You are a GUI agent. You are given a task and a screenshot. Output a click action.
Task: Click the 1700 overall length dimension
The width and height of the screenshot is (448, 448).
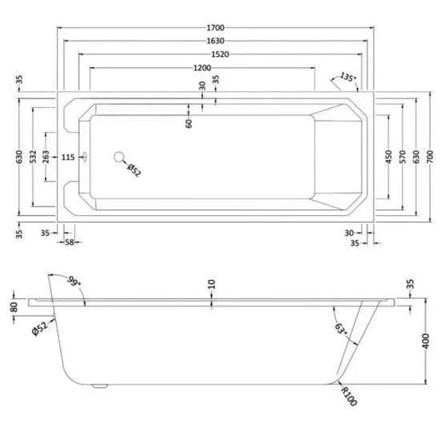[215, 28]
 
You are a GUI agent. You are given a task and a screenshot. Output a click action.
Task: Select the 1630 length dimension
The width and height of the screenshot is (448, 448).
[215, 41]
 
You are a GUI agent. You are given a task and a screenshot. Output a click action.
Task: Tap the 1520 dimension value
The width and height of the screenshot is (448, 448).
[220, 54]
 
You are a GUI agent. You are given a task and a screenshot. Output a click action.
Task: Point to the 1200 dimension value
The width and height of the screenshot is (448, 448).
[203, 68]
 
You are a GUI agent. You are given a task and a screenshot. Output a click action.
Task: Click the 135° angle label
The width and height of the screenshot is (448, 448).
[348, 77]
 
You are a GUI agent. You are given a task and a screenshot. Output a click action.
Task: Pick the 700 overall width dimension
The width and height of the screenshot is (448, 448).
[430, 157]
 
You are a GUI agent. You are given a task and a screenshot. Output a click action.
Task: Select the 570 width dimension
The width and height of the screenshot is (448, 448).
[402, 157]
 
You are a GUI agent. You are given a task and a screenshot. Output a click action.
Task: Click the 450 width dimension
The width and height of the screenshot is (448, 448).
[389, 157]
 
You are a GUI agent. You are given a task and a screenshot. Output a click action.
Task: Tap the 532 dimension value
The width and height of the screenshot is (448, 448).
[33, 157]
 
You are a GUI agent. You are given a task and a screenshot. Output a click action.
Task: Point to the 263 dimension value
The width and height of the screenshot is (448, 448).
[46, 157]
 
